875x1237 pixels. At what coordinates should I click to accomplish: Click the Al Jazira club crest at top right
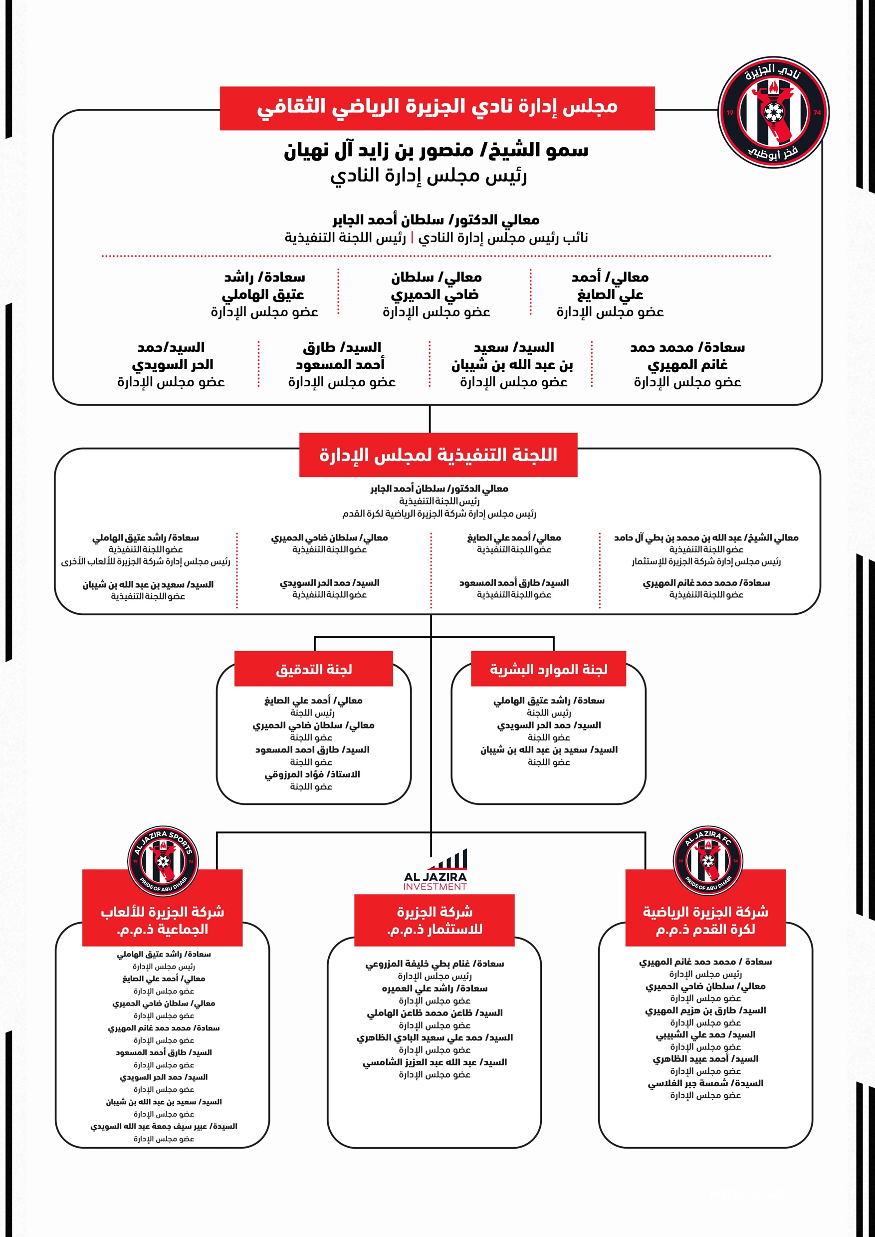(x=773, y=113)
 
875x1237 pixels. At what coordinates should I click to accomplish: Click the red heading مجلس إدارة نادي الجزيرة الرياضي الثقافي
(x=437, y=107)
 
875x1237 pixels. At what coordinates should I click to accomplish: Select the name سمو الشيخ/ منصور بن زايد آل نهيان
(x=436, y=151)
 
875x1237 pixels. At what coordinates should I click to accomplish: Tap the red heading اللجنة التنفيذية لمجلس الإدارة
(x=438, y=455)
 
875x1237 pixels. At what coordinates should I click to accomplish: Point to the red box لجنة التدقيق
(x=314, y=669)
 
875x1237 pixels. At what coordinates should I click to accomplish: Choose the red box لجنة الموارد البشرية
(x=548, y=669)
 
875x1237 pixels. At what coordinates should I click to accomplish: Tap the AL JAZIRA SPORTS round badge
(x=163, y=861)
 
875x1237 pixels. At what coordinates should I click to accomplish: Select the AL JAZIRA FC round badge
(x=707, y=861)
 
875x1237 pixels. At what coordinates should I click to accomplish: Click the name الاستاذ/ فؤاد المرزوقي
(x=312, y=774)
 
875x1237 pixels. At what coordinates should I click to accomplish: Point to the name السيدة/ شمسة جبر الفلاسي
(x=705, y=1083)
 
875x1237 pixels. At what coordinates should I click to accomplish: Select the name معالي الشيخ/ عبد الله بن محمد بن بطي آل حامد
(x=706, y=537)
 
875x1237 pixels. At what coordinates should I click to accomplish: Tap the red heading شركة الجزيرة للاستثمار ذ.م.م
(x=435, y=920)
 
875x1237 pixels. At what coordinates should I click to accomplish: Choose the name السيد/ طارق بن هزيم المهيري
(x=705, y=1010)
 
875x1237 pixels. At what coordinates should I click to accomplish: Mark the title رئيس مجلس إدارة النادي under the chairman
(x=429, y=176)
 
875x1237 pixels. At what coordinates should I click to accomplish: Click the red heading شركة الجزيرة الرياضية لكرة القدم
(x=705, y=920)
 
